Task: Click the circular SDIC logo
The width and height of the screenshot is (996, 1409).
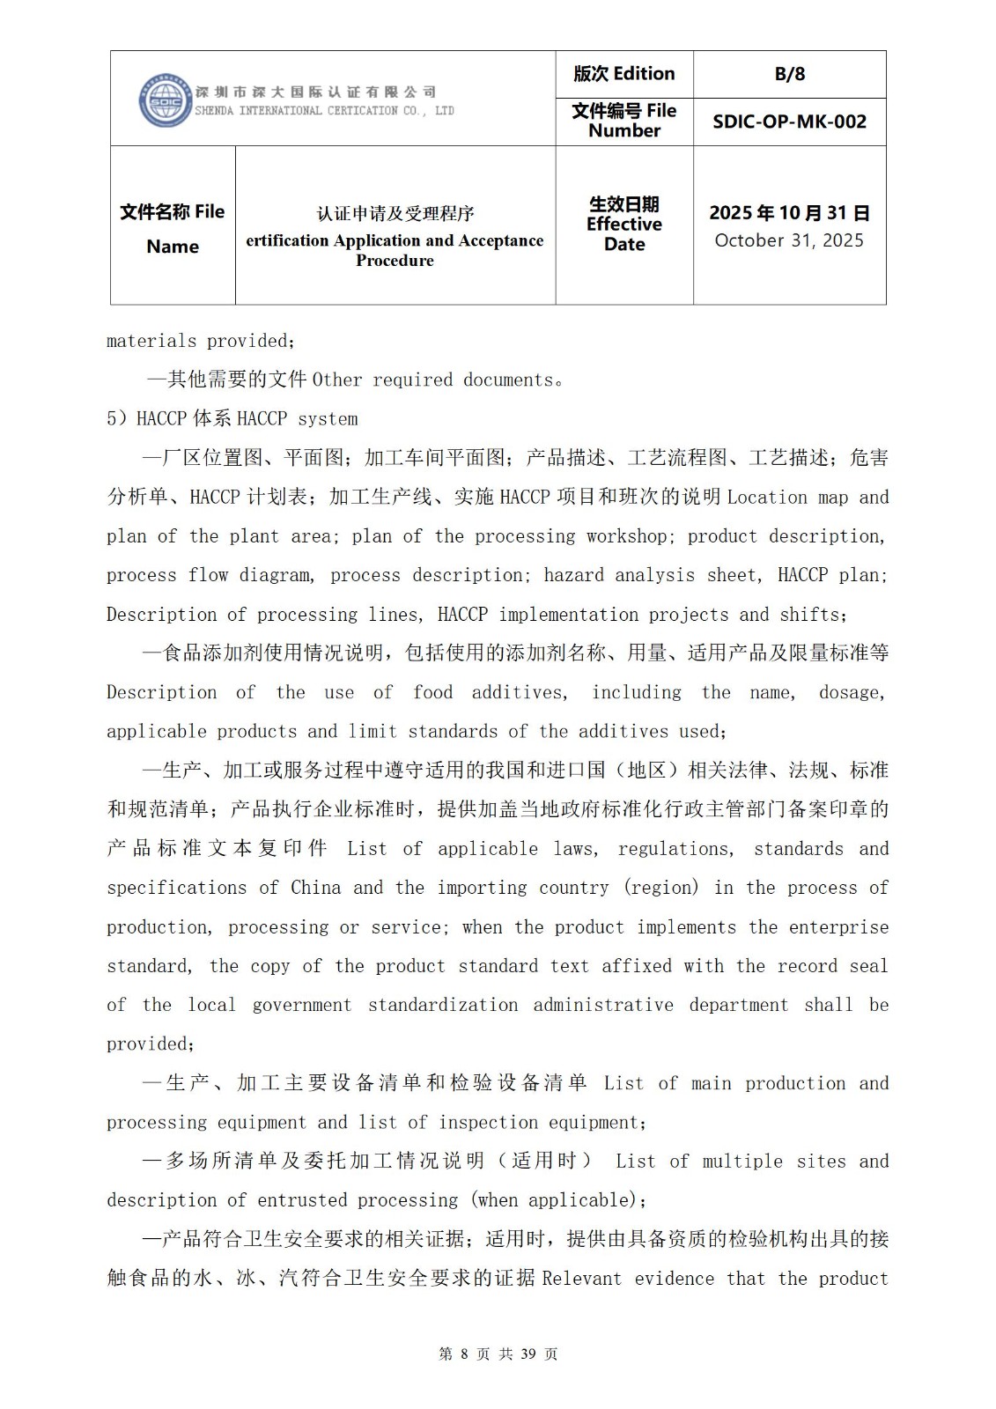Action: pos(165,100)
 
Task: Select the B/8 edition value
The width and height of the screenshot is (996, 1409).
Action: pos(789,74)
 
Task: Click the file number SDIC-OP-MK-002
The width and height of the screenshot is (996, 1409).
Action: pos(789,122)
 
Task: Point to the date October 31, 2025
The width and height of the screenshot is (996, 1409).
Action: pos(789,240)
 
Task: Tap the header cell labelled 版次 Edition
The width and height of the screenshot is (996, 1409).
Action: pos(623,74)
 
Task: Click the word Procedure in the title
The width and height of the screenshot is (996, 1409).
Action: pos(395,261)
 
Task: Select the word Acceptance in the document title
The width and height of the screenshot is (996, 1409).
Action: pos(499,240)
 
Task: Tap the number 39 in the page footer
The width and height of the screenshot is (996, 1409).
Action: pos(528,1354)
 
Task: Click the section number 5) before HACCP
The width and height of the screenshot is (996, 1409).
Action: pos(117,419)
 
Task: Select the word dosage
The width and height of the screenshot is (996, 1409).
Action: pos(851,693)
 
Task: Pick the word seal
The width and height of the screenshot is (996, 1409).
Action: pos(868,966)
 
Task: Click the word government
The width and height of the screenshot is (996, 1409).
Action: pos(301,1005)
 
